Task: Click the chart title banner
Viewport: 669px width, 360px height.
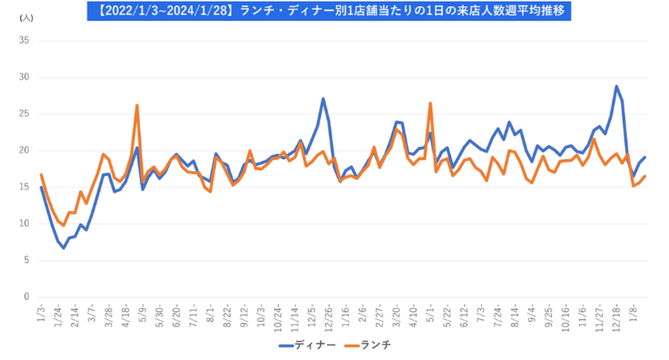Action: pyautogui.click(x=328, y=10)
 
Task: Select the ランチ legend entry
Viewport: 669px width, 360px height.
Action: pyautogui.click(x=369, y=346)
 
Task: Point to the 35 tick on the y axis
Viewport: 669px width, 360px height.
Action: pyautogui.click(x=24, y=41)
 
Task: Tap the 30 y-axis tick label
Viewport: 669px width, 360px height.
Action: pyautogui.click(x=24, y=78)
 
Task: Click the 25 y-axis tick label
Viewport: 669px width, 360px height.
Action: pyautogui.click(x=24, y=114)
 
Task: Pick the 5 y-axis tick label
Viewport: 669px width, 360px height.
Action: pyautogui.click(x=26, y=261)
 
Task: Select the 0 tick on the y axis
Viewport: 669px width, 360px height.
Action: pyautogui.click(x=26, y=297)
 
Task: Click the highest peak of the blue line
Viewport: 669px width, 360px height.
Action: pyautogui.click(x=617, y=86)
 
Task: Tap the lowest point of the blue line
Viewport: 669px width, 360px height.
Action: pyautogui.click(x=64, y=248)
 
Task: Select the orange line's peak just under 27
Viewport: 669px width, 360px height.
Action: pyautogui.click(x=431, y=103)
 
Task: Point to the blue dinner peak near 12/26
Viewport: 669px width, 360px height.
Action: pyautogui.click(x=323, y=98)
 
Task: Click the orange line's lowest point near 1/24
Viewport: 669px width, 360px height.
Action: pyautogui.click(x=64, y=226)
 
